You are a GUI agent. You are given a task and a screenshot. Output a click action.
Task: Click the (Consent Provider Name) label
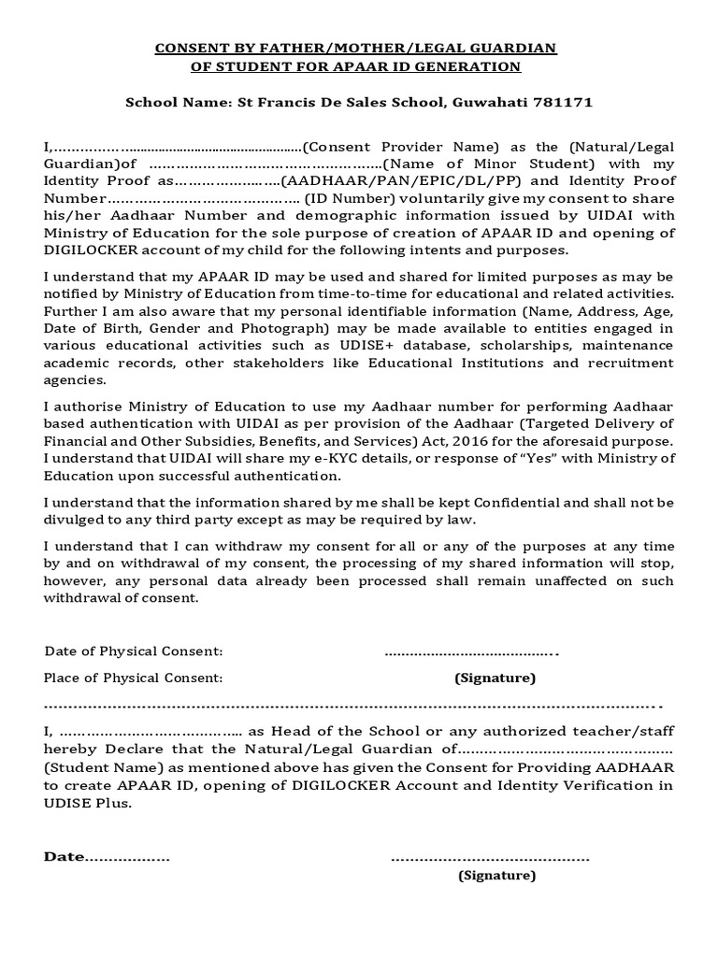tap(402, 148)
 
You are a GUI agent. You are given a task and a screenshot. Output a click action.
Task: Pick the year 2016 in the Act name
tap(514, 440)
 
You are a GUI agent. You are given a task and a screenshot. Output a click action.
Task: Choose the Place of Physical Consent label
tap(133, 678)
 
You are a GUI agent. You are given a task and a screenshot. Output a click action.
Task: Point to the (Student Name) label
tap(103, 766)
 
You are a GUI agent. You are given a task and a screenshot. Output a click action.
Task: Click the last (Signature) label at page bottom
tap(495, 876)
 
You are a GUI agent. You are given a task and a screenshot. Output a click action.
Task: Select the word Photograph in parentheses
tap(277, 327)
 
